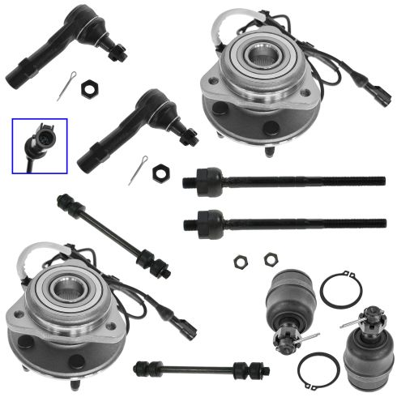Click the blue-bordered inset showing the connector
(x=40, y=143)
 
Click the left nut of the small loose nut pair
(x=241, y=261)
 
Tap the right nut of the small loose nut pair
(x=271, y=259)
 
